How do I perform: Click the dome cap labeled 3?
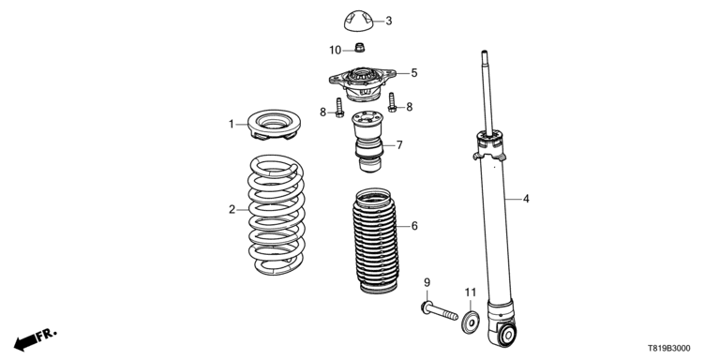[x=358, y=22]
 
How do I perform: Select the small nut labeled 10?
[x=360, y=47]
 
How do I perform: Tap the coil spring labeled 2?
[x=276, y=215]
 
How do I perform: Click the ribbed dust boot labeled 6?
[x=376, y=241]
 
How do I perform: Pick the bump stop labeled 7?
[x=368, y=142]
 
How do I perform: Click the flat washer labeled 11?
[x=471, y=322]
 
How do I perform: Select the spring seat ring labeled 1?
[x=274, y=124]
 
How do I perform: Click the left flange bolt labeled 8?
[x=339, y=108]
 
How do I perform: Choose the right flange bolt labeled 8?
[x=392, y=102]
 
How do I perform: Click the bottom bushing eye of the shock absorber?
[x=507, y=334]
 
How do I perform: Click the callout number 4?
[x=526, y=199]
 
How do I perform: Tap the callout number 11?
[x=471, y=292]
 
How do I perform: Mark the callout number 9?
[x=427, y=282]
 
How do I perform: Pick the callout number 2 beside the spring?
[x=232, y=210]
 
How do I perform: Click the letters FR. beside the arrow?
[x=47, y=334]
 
